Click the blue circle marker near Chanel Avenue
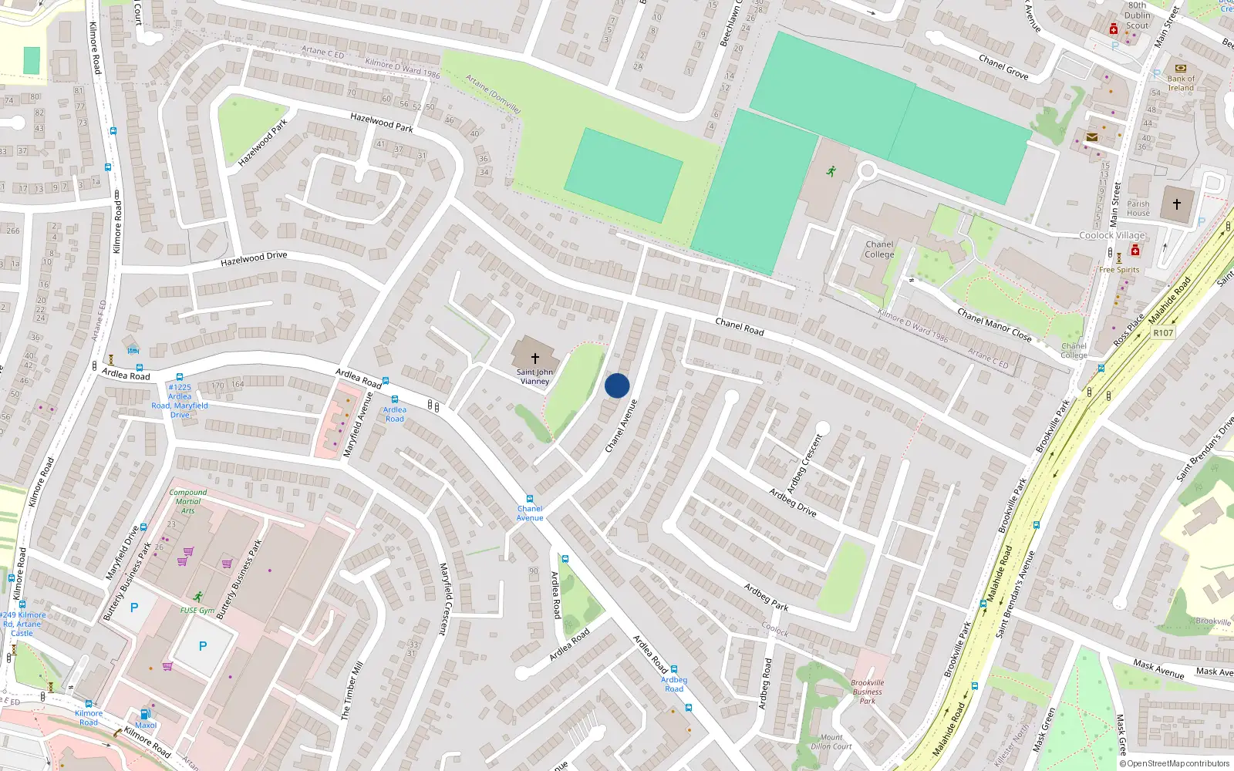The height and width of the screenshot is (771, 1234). click(617, 385)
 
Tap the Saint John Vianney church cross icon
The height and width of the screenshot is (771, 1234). click(534, 359)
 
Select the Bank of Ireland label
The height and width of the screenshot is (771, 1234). click(1181, 83)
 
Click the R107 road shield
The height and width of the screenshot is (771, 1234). click(1163, 333)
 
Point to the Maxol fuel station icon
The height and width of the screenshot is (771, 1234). click(144, 714)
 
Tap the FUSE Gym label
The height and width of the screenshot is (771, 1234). click(197, 611)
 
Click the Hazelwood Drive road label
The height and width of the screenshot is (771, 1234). click(254, 259)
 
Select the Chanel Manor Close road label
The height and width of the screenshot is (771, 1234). click(994, 324)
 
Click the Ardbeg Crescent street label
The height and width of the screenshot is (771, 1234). click(805, 463)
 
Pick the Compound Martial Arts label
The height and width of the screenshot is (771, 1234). click(188, 501)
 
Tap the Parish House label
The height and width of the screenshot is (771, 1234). click(1138, 209)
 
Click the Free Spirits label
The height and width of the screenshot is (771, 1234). click(1119, 270)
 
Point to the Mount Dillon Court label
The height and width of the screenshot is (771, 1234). click(831, 742)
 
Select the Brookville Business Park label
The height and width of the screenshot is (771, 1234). click(868, 692)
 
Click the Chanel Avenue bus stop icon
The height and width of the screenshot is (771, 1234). click(530, 500)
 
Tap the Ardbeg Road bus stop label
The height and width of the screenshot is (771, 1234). click(674, 684)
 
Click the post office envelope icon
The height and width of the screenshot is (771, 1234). click(1092, 137)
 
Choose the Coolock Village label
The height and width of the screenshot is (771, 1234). click(1111, 235)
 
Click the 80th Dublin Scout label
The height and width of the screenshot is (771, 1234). click(1138, 15)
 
